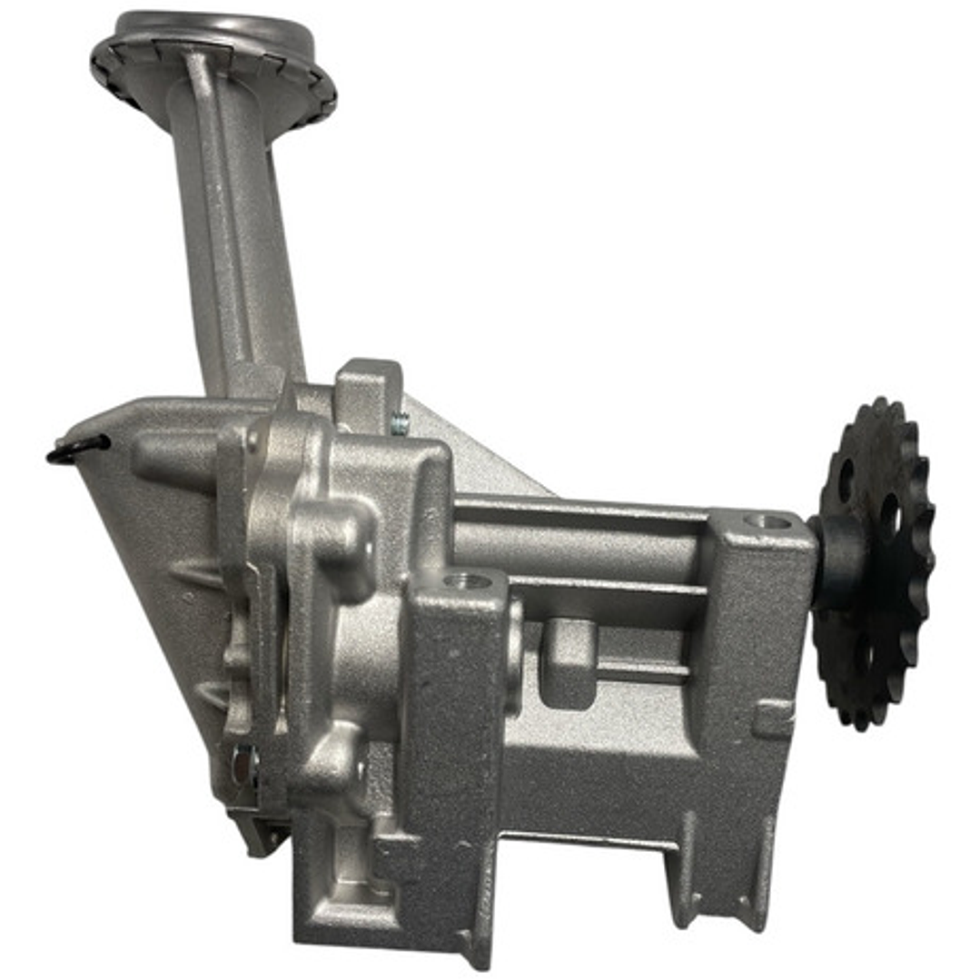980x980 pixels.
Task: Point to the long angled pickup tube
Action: pyautogui.click(x=238, y=245)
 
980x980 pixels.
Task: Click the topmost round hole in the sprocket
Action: pyautogui.click(x=846, y=480)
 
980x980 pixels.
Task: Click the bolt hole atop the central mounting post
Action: pyautogui.click(x=468, y=580)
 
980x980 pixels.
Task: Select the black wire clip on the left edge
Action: pyautogui.click(x=77, y=448)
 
